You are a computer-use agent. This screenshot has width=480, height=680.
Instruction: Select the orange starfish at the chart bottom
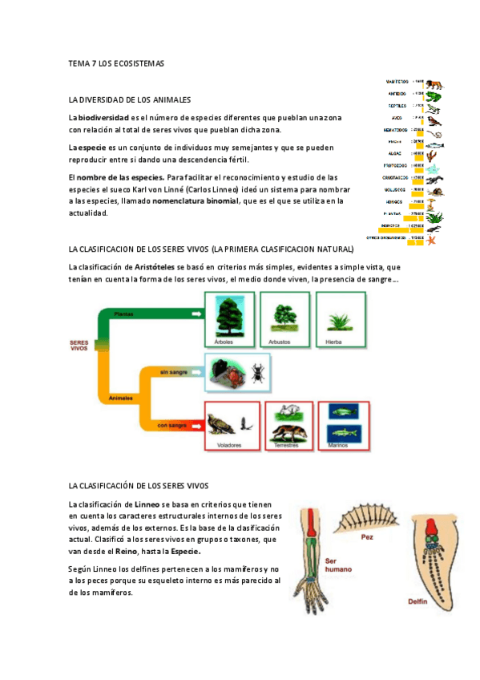point(434,238)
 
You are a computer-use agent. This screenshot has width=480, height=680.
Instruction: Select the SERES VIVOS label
point(79,346)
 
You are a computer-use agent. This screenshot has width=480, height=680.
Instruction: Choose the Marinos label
point(342,445)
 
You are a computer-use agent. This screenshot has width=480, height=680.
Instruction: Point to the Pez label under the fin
point(367,536)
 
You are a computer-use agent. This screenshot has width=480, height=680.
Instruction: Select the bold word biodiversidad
point(101,118)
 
